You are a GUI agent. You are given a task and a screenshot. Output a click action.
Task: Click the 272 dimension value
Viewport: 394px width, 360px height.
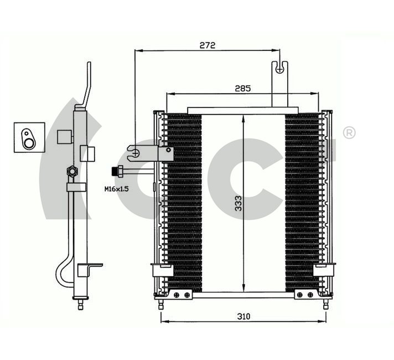(x=207, y=44)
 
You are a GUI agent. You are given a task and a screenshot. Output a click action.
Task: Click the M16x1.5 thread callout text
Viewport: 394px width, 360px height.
(x=116, y=189)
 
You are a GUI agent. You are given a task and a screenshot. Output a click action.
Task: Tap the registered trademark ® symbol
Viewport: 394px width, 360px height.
(x=349, y=133)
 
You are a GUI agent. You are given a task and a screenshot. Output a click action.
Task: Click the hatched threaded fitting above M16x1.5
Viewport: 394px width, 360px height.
(x=117, y=171)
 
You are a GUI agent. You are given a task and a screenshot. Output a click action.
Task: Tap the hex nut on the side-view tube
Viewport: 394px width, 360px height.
(x=71, y=172)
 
